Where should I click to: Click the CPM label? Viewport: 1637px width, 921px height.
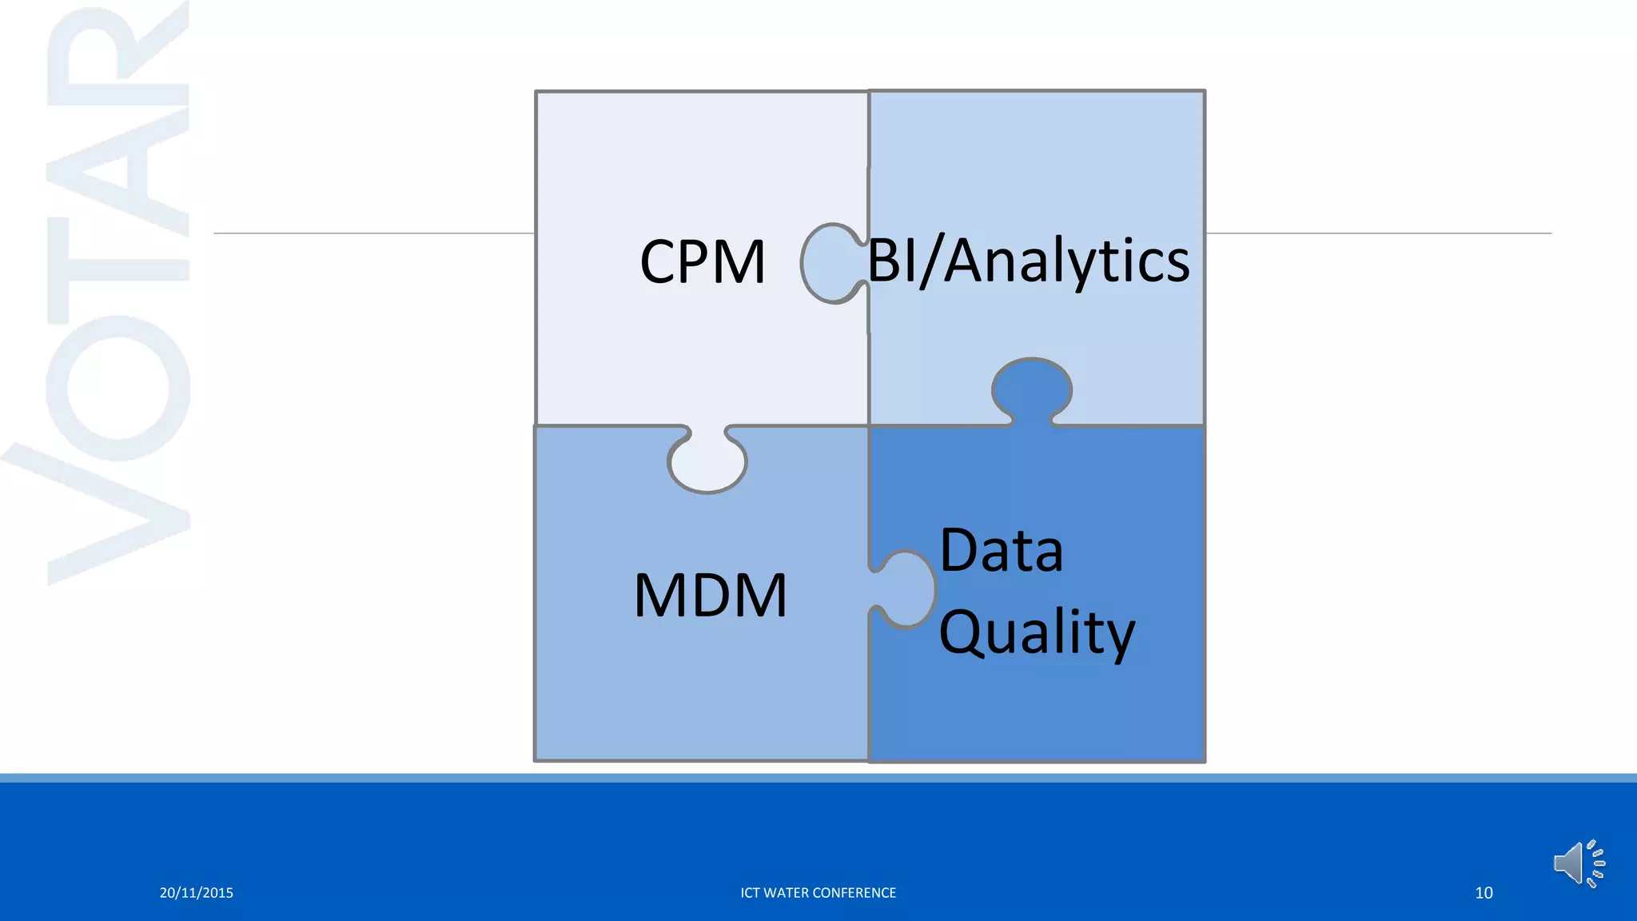[x=703, y=262]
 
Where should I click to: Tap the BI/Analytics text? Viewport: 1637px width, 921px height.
[x=1029, y=261]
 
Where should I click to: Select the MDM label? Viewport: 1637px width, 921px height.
[x=710, y=596]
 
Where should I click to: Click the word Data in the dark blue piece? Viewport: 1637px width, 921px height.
[x=1001, y=551]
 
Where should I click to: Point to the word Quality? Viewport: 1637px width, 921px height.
[x=1036, y=632]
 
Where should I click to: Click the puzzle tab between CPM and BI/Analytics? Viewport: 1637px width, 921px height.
[x=831, y=263]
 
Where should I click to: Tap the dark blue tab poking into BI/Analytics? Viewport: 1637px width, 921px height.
[x=1031, y=389]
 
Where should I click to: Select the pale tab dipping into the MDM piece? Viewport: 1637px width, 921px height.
[x=707, y=461]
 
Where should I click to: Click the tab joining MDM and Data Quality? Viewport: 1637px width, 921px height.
[x=906, y=588]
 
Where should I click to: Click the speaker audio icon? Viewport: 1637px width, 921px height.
[x=1579, y=863]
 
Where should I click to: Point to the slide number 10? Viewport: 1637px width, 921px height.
[x=1484, y=893]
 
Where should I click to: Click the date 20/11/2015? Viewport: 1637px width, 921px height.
[x=196, y=893]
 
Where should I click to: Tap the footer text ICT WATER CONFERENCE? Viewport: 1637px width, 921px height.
[x=818, y=893]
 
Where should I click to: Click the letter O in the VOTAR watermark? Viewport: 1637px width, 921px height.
[x=118, y=388]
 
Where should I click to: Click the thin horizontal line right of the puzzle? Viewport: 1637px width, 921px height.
[x=1375, y=233]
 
